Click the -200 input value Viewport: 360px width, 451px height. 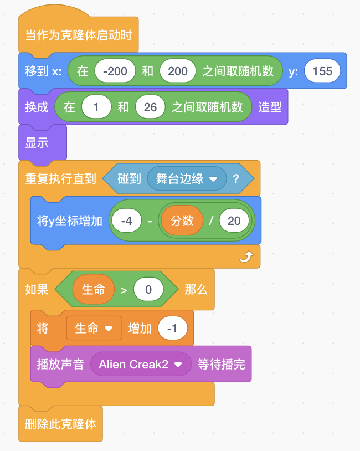[x=115, y=71]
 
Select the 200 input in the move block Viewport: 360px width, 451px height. [x=177, y=71]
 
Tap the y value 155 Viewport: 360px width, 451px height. [x=322, y=71]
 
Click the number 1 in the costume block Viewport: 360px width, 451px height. [x=96, y=107]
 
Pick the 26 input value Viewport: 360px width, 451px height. [x=150, y=107]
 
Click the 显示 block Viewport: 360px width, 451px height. [x=37, y=143]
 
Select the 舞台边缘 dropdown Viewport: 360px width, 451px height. [x=186, y=179]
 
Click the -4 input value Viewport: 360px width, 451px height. [x=126, y=221]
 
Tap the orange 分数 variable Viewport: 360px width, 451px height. [x=182, y=221]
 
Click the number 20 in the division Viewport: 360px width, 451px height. [x=234, y=221]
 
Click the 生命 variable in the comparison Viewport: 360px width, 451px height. [x=93, y=289]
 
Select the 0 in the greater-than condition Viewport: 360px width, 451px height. [x=148, y=289]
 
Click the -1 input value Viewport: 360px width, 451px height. [x=173, y=329]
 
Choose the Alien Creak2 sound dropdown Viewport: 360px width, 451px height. [x=140, y=365]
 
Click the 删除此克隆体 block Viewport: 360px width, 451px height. [x=60, y=424]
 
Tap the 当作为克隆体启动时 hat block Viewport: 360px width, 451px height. [x=79, y=35]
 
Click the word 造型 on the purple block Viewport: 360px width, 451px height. [x=270, y=107]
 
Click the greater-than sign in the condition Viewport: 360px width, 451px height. [x=124, y=290]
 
